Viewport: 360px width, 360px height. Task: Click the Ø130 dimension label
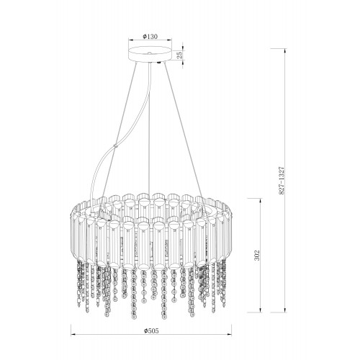coord(150,37)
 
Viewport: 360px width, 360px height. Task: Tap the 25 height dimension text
coord(180,55)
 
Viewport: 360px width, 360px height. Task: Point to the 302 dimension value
coord(257,256)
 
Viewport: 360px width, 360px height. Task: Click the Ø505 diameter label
coord(151,330)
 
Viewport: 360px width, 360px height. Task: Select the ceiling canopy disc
coord(150,54)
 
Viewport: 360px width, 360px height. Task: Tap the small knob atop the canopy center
coord(149,53)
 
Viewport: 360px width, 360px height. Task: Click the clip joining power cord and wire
coord(116,146)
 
